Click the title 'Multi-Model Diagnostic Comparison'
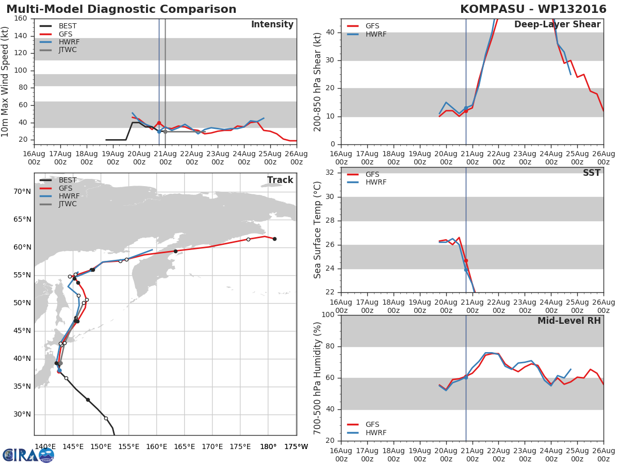tap(121, 9)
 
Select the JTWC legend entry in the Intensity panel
tap(67, 50)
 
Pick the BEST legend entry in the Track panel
tap(67, 180)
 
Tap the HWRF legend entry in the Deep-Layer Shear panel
tap(375, 34)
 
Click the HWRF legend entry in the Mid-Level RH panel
tap(375, 433)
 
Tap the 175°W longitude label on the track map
tap(296, 446)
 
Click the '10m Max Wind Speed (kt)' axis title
tap(6, 78)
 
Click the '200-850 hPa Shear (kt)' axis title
tap(318, 81)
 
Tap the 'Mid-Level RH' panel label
tap(568, 321)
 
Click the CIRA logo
tap(28, 455)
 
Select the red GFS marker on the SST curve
tap(466, 260)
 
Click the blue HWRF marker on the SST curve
tap(466, 270)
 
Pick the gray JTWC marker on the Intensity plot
tap(165, 131)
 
